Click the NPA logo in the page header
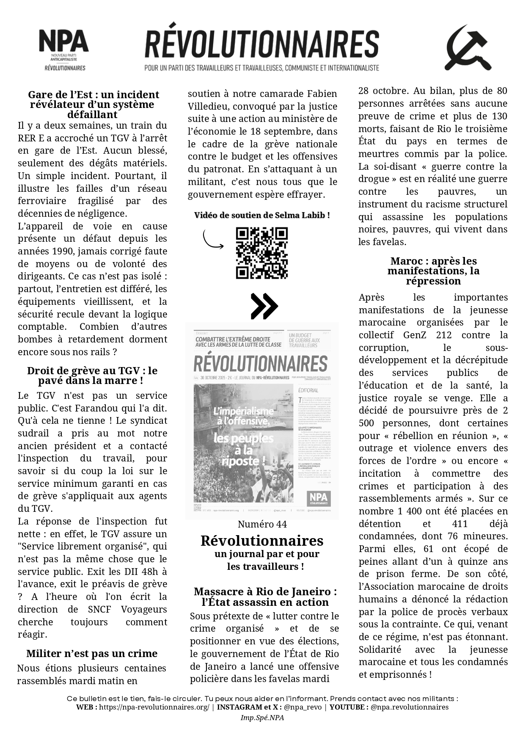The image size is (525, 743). click(64, 49)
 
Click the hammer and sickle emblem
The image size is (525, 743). click(467, 48)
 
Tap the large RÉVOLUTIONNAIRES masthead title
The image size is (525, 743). click(261, 44)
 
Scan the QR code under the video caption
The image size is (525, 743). click(261, 253)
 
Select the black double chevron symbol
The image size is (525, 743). click(264, 306)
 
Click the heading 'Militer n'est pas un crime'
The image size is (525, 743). click(92, 653)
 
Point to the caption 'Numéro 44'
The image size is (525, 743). click(262, 524)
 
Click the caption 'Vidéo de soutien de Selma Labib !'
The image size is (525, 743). click(262, 215)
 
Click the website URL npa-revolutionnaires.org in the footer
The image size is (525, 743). click(154, 707)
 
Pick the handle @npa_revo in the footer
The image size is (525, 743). click(302, 707)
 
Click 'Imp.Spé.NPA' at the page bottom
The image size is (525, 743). click(262, 718)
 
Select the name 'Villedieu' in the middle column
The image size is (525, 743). click(207, 106)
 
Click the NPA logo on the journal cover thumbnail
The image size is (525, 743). click(319, 498)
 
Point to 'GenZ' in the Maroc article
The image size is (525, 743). click(417, 335)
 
